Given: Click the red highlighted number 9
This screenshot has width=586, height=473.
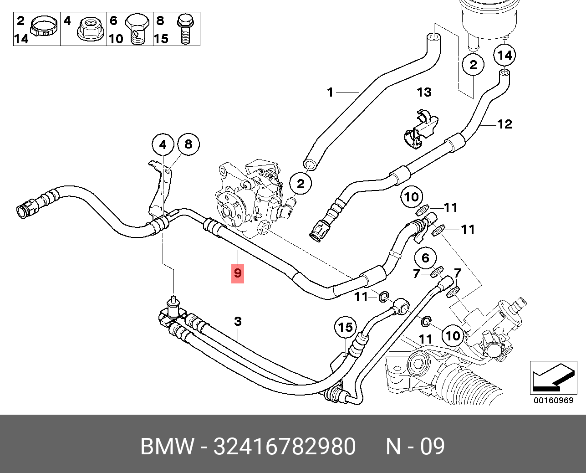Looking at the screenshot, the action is [237, 273].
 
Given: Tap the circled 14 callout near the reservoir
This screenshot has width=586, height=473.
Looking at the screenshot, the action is [504, 56].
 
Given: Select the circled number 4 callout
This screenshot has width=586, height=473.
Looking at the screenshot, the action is [163, 145].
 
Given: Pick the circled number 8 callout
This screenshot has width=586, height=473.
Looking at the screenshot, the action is [189, 144].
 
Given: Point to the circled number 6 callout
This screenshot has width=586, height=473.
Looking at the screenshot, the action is [426, 257].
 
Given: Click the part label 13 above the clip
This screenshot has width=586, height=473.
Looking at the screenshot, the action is [424, 93].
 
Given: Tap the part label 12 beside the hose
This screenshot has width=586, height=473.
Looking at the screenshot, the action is [504, 124].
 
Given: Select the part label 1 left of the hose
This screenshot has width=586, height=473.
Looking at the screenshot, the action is [330, 93].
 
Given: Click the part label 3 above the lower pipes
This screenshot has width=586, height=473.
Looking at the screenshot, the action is [238, 322].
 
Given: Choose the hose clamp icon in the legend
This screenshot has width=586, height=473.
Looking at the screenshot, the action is [44, 29].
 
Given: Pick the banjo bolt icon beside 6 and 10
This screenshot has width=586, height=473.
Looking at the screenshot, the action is [137, 30].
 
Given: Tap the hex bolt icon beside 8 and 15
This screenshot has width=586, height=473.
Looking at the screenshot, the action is [185, 29].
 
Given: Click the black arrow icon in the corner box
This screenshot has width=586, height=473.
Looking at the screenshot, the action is [553, 378].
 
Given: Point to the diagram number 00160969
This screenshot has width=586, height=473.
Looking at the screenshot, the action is [554, 401].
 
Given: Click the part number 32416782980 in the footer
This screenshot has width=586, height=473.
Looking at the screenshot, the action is [285, 446].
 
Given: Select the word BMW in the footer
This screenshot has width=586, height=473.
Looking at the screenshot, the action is [168, 446].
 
